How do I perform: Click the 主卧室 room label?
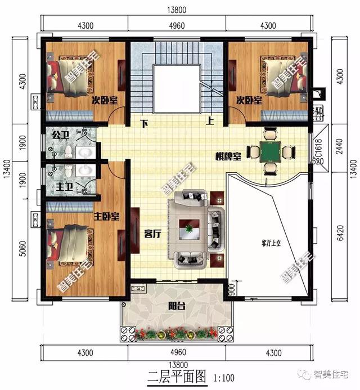click(106, 217)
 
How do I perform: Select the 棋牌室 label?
click(228, 156)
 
